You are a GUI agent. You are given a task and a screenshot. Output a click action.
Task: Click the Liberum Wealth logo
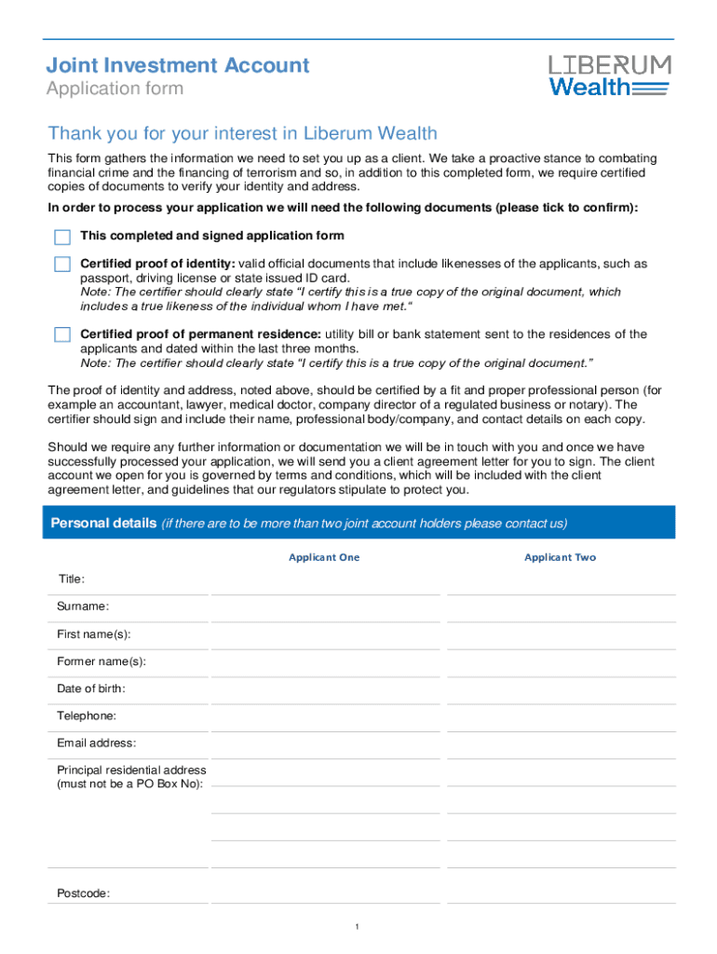[x=609, y=75]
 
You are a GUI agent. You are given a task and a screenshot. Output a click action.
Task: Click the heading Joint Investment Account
[x=178, y=65]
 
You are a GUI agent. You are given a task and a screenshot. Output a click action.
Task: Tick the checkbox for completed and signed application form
[x=62, y=237]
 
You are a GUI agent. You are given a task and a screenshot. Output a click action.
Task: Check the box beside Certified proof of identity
[x=62, y=265]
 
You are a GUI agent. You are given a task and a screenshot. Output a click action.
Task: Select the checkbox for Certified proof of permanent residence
[x=62, y=334]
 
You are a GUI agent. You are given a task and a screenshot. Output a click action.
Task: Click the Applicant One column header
[x=324, y=557]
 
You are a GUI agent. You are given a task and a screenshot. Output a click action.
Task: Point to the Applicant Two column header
[x=560, y=557]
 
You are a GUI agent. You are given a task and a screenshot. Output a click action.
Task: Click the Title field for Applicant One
[x=325, y=582]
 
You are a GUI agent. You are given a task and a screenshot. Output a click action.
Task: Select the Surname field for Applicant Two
[x=560, y=609]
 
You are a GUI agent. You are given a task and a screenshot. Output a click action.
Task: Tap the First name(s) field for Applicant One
[x=325, y=636]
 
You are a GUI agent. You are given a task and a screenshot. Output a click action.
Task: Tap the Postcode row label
[x=84, y=893]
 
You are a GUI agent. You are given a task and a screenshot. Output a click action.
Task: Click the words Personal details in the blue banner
[x=103, y=523]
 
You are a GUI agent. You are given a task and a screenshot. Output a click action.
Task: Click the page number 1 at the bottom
[x=358, y=927]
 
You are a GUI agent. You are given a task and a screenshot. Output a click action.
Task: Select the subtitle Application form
[x=115, y=89]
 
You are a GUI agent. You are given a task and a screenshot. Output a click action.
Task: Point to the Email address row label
[x=97, y=743]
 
